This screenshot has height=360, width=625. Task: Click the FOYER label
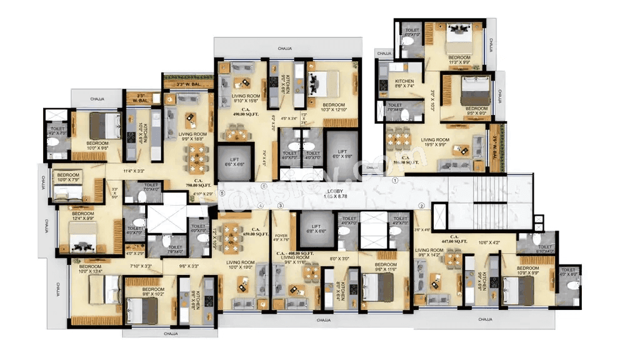[281, 237]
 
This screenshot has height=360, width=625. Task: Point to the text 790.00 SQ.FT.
[198, 186]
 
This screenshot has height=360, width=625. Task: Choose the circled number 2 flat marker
[421, 206]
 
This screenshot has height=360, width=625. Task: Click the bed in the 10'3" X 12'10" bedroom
[325, 81]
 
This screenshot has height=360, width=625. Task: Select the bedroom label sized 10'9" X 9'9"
[527, 271]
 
